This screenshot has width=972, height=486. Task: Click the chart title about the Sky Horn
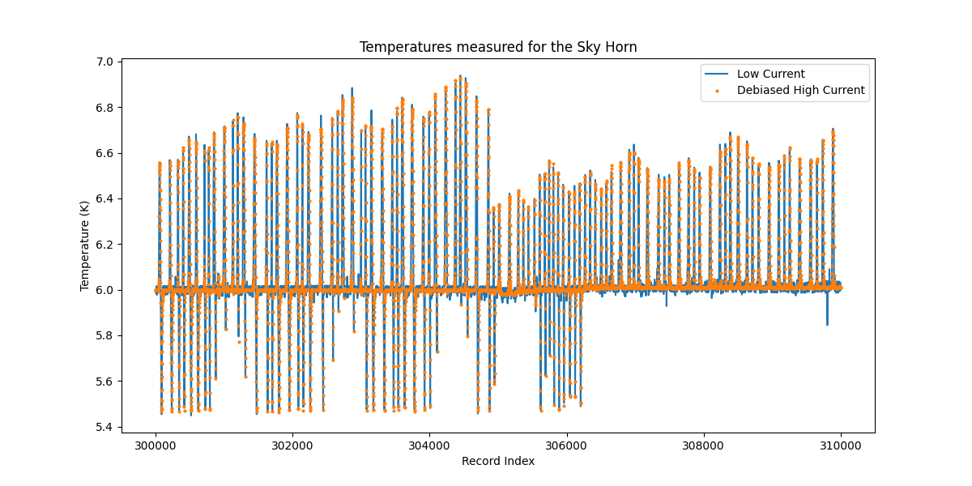coord(498,47)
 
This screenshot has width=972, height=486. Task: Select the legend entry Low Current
coord(771,74)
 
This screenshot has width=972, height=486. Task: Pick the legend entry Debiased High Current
coord(800,90)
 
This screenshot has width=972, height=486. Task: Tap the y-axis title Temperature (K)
coord(85,245)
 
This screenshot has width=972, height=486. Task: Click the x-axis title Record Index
coord(498,461)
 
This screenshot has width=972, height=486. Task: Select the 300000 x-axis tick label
coord(156,445)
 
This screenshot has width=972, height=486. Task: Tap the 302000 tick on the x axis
coord(292,445)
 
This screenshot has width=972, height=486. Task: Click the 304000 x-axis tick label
coord(429,445)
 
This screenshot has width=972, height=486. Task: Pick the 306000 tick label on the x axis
coord(566,445)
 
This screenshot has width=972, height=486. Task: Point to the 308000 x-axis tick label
coord(703,445)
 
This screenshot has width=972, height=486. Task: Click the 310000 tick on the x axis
coord(840,445)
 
